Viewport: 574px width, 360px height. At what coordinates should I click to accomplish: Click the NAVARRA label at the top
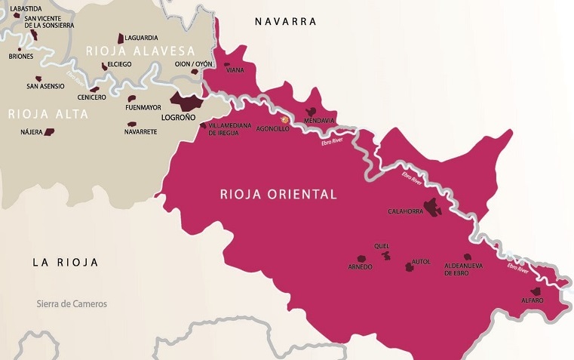tap(285, 21)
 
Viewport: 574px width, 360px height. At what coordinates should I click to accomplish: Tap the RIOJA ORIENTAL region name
tap(278, 194)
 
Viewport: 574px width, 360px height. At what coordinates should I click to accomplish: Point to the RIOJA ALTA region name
tap(48, 114)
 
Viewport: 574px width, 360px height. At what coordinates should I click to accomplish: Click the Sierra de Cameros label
tap(72, 304)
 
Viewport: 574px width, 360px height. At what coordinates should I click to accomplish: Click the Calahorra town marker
tap(432, 205)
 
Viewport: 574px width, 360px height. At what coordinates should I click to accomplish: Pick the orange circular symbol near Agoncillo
tap(285, 119)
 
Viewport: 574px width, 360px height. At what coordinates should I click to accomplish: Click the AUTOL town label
tap(421, 262)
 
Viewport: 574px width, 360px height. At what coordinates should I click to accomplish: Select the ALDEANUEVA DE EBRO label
tap(462, 269)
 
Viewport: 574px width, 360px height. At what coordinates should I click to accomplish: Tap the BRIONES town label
tap(21, 56)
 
